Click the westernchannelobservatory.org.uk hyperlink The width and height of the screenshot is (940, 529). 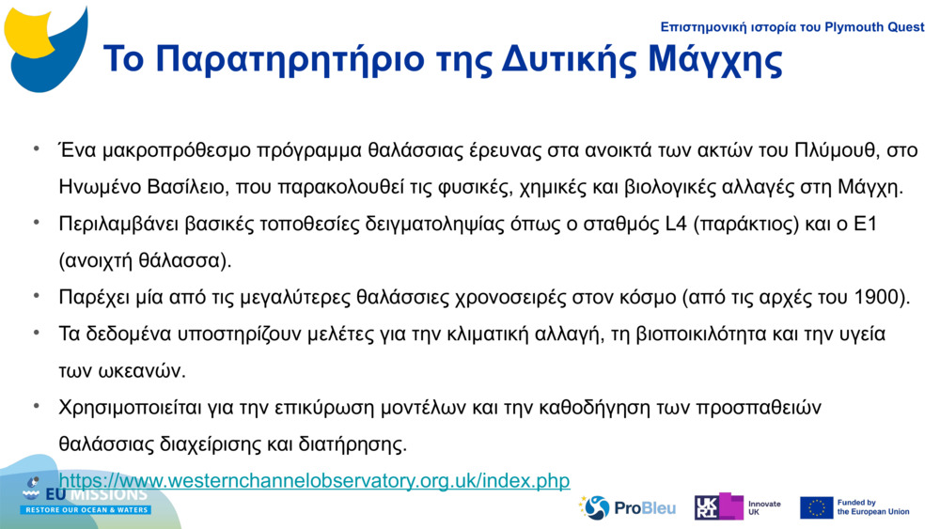point(314,481)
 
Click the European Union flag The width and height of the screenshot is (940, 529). point(816,507)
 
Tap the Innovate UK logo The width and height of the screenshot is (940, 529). point(737,507)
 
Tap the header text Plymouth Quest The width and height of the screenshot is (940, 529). point(875,27)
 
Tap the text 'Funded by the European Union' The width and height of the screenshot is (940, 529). point(873,507)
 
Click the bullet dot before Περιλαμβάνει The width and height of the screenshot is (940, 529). point(36,223)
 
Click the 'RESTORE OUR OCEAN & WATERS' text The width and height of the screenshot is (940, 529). point(86,510)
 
